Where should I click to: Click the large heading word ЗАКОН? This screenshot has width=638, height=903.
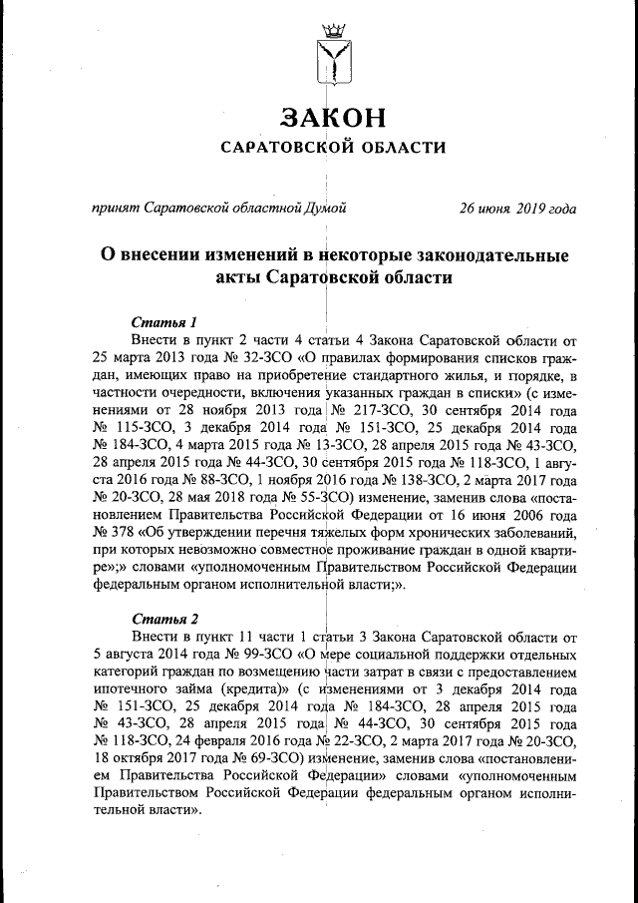click(x=333, y=117)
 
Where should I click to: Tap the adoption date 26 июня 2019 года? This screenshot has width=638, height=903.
click(x=516, y=209)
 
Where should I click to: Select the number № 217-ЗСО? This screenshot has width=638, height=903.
click(x=370, y=411)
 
